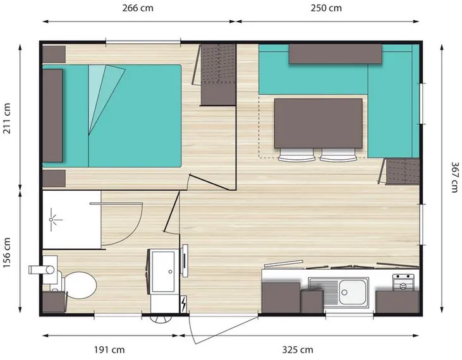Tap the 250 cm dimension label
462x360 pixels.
pyautogui.click(x=327, y=9)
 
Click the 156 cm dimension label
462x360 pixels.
pyautogui.click(x=8, y=252)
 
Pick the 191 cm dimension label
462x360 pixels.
pyautogui.click(x=111, y=349)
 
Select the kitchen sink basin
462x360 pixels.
pyautogui.click(x=353, y=290)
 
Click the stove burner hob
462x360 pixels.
pyautogui.click(x=403, y=282)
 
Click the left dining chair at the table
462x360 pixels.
pyautogui.click(x=298, y=156)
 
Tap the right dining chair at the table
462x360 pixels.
pyautogui.click(x=339, y=156)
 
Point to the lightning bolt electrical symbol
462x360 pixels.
pyautogui.click(x=183, y=304)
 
